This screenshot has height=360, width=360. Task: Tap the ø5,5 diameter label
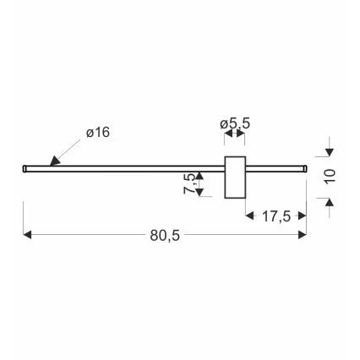point(234,124)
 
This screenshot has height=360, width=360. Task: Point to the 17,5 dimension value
point(275,216)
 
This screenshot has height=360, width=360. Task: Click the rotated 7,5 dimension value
point(189,183)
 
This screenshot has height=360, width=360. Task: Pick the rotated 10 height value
point(330,176)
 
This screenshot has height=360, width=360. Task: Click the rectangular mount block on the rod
point(234,177)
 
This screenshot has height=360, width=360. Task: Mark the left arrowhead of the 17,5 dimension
point(250,216)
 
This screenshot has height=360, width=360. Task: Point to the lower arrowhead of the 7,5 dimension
point(199,192)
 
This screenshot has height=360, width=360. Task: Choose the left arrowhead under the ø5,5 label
point(226,134)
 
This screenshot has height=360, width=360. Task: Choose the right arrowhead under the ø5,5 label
point(243,134)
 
